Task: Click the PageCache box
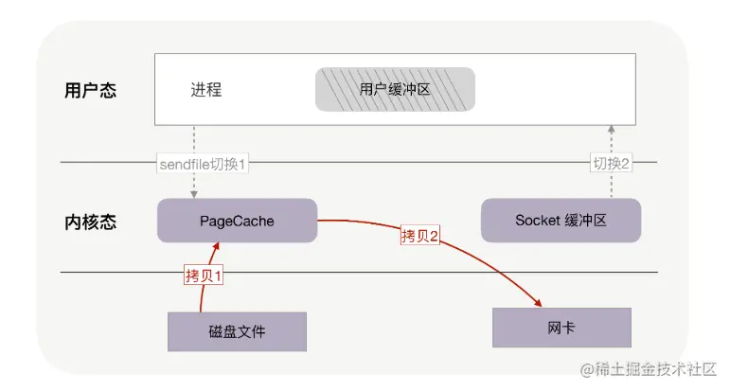click(237, 221)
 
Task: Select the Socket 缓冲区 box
click(561, 221)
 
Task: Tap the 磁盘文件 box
click(237, 331)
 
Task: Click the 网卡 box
click(561, 328)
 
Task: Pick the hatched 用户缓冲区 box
click(395, 89)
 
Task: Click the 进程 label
click(205, 89)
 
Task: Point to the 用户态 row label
click(90, 90)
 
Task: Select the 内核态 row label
click(90, 222)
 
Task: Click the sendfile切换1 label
click(202, 164)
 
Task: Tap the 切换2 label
click(611, 164)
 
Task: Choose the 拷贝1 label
click(204, 275)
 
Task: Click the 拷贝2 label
click(420, 236)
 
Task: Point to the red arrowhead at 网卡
click(538, 303)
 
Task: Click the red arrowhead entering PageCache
click(216, 247)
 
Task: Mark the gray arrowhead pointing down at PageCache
click(194, 194)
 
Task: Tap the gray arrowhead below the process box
click(612, 130)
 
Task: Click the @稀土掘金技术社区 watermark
click(648, 369)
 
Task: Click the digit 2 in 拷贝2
click(434, 236)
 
